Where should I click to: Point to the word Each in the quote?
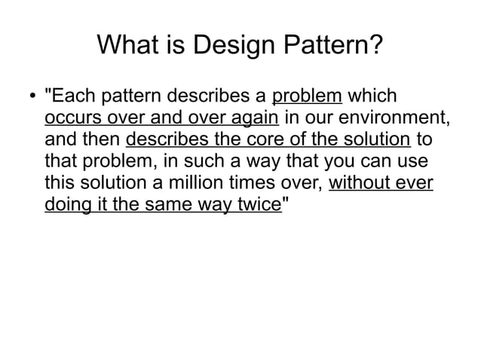point(71,97)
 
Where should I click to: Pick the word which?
point(374,97)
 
